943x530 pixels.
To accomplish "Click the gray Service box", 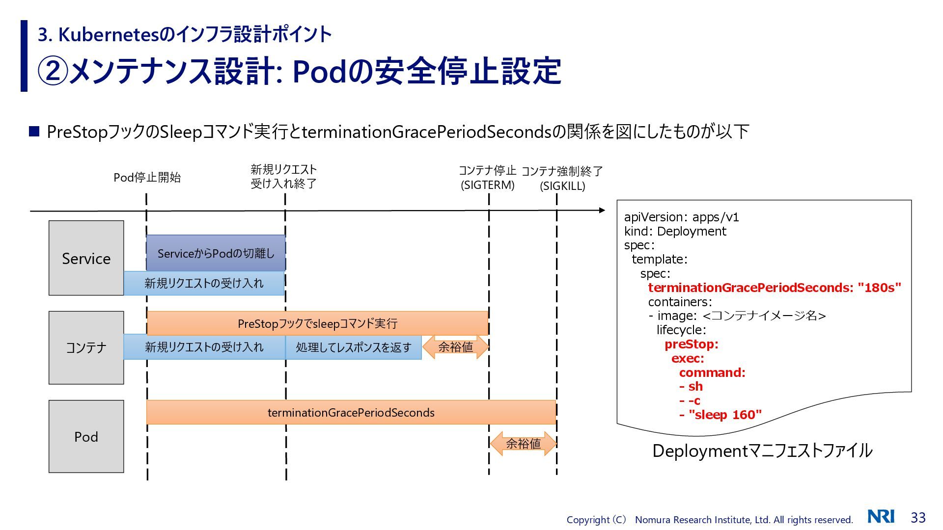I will point(86,258).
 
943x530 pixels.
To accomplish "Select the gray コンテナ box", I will point(86,347).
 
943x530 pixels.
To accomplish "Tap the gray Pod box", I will point(86,436).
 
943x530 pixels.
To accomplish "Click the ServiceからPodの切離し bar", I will point(216,253).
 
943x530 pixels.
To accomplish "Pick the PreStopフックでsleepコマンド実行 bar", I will point(317,323).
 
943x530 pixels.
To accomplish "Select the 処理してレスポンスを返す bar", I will point(353,347).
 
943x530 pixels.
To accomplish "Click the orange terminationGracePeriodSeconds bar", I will point(351,412).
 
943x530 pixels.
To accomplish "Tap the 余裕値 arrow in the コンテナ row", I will point(455,347).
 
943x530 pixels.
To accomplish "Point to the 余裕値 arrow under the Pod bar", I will point(523,444).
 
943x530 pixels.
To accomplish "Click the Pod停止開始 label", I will point(147,178).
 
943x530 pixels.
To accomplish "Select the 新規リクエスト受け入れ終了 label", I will point(284,177).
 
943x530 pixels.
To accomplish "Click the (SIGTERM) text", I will point(487,185).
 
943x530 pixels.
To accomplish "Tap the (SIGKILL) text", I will point(562,186).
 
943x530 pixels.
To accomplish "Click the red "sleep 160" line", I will point(721,415).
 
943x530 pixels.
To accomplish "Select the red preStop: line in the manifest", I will point(692,344).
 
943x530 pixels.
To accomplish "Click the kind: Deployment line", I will point(675,231).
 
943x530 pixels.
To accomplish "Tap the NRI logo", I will point(881,516).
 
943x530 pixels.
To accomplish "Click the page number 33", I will point(918,517).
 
